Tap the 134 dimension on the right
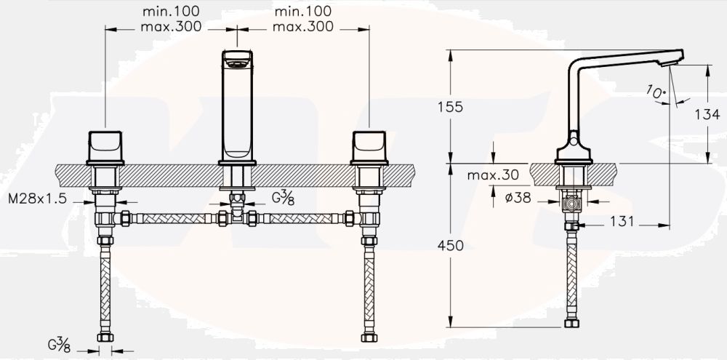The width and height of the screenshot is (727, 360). [707, 114]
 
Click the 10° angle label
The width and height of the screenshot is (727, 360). [654, 91]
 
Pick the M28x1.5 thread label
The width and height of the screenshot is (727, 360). [37, 199]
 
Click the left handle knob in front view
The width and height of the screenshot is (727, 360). [106, 146]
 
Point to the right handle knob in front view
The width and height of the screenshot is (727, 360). [369, 146]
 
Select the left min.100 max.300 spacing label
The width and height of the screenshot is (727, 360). [172, 20]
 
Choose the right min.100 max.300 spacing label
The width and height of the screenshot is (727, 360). [302, 20]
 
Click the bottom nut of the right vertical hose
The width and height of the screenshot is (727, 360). [369, 336]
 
